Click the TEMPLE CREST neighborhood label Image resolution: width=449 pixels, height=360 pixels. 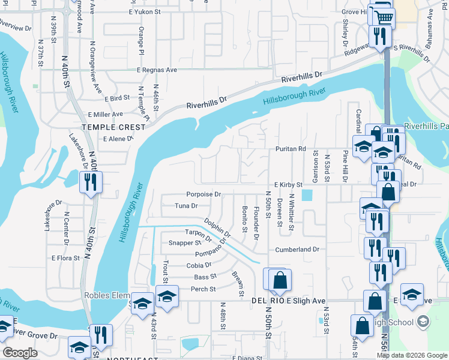tap(114, 127)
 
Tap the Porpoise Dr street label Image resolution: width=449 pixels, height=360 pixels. tap(203, 194)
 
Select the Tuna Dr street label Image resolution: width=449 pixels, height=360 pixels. tap(185, 206)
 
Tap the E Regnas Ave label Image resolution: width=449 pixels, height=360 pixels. tap(157, 70)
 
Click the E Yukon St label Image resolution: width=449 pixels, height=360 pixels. tap(149, 11)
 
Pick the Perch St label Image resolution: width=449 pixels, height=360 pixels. tap(203, 289)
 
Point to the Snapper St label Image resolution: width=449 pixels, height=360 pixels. tap(184, 243)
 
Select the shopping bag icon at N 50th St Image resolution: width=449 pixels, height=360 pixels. tap(280, 278)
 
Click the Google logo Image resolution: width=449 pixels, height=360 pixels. tap(20, 353)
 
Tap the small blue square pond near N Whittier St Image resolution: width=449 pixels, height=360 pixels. tap(307, 195)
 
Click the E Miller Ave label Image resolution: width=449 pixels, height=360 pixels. tap(105, 114)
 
